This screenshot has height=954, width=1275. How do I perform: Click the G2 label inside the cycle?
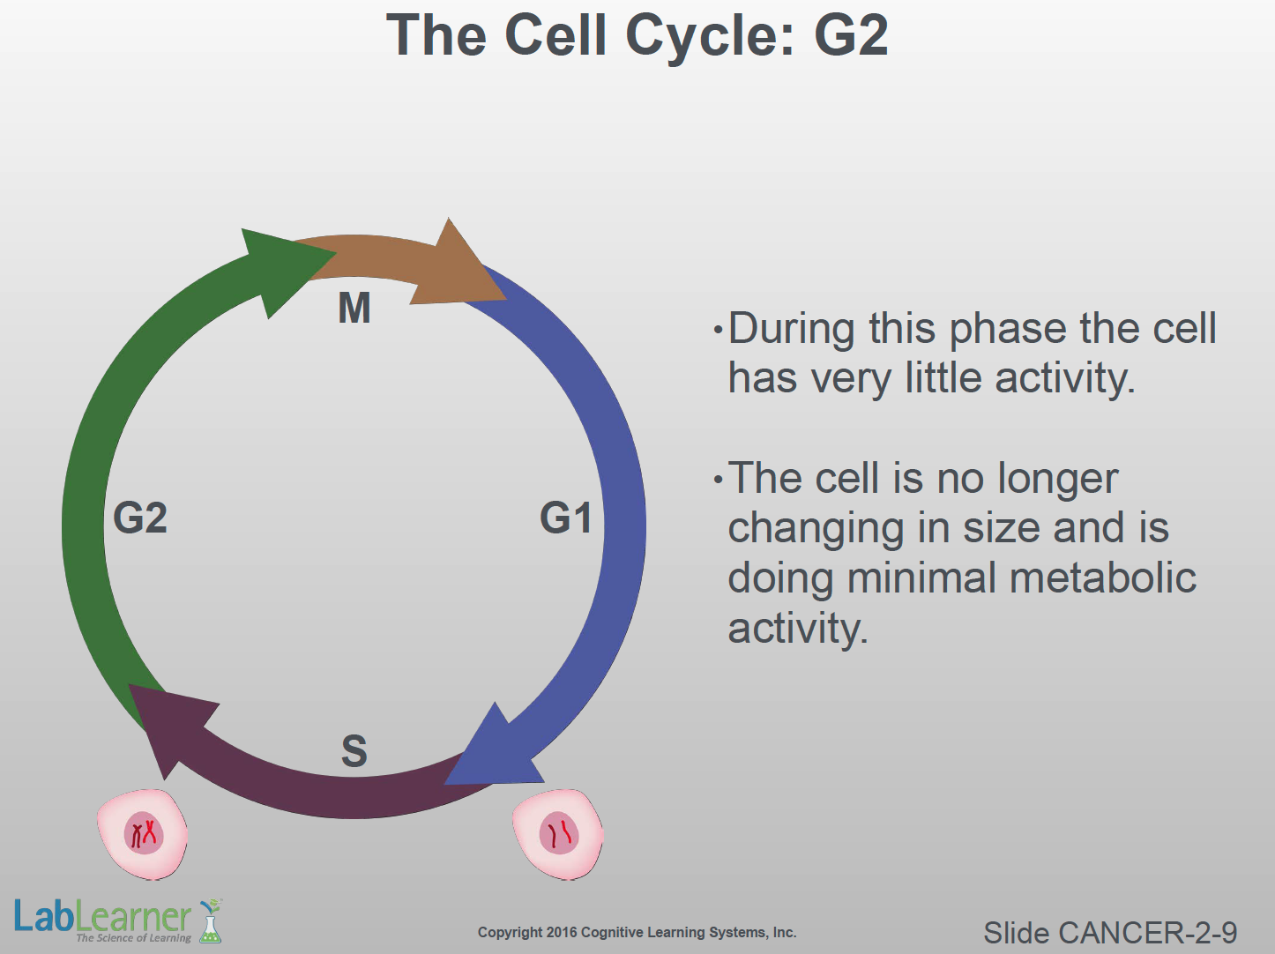(140, 518)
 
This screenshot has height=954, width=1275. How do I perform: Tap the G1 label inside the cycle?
(566, 518)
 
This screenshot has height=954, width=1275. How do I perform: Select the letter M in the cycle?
(354, 309)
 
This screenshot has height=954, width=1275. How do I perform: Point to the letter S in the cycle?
(354, 751)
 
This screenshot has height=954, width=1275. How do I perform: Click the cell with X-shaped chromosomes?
(142, 833)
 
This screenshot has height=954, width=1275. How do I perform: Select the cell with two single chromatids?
(558, 834)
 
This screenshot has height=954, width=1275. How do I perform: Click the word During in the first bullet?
(791, 329)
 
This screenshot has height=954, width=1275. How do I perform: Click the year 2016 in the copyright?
(562, 932)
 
